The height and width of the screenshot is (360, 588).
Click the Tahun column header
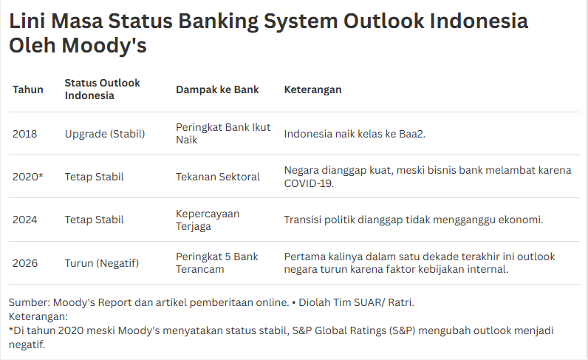[28, 89]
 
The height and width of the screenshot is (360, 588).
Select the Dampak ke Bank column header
[217, 89]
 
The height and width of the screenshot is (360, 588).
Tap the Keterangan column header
[312, 89]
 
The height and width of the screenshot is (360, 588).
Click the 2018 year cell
[24, 134]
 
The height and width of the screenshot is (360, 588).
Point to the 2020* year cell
[27, 177]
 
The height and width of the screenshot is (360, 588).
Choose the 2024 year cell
[25, 220]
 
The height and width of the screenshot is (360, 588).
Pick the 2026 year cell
[25, 262]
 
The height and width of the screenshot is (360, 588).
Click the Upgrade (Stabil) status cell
[105, 134]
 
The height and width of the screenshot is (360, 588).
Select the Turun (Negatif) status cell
[101, 262]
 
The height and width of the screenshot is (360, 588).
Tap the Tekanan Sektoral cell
[218, 177]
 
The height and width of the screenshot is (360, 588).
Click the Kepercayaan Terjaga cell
[208, 220]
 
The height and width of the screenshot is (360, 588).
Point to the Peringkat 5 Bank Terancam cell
[216, 262]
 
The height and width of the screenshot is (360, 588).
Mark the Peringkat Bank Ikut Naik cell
[213, 134]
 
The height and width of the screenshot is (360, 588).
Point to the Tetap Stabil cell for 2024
[94, 220]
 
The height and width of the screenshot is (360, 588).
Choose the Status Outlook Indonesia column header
[102, 89]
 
